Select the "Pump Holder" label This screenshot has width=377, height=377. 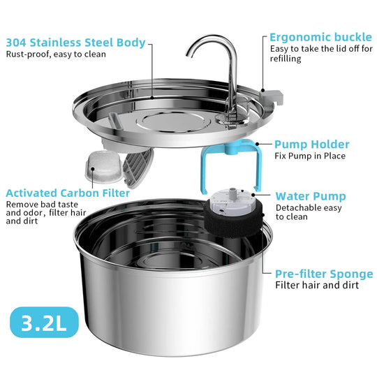click(x=311, y=145)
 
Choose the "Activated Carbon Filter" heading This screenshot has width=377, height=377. click(x=67, y=193)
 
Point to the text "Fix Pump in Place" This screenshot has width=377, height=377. click(x=310, y=156)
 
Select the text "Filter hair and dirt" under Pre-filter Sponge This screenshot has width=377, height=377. click(x=316, y=285)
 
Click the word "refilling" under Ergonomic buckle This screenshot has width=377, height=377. click(x=286, y=59)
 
